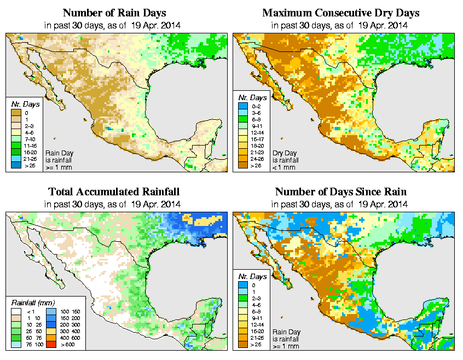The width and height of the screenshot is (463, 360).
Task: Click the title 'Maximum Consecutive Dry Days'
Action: tap(341, 13)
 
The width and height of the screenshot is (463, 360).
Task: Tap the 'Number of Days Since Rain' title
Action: tap(341, 192)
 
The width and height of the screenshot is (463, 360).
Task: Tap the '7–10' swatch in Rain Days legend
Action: tap(16, 141)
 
